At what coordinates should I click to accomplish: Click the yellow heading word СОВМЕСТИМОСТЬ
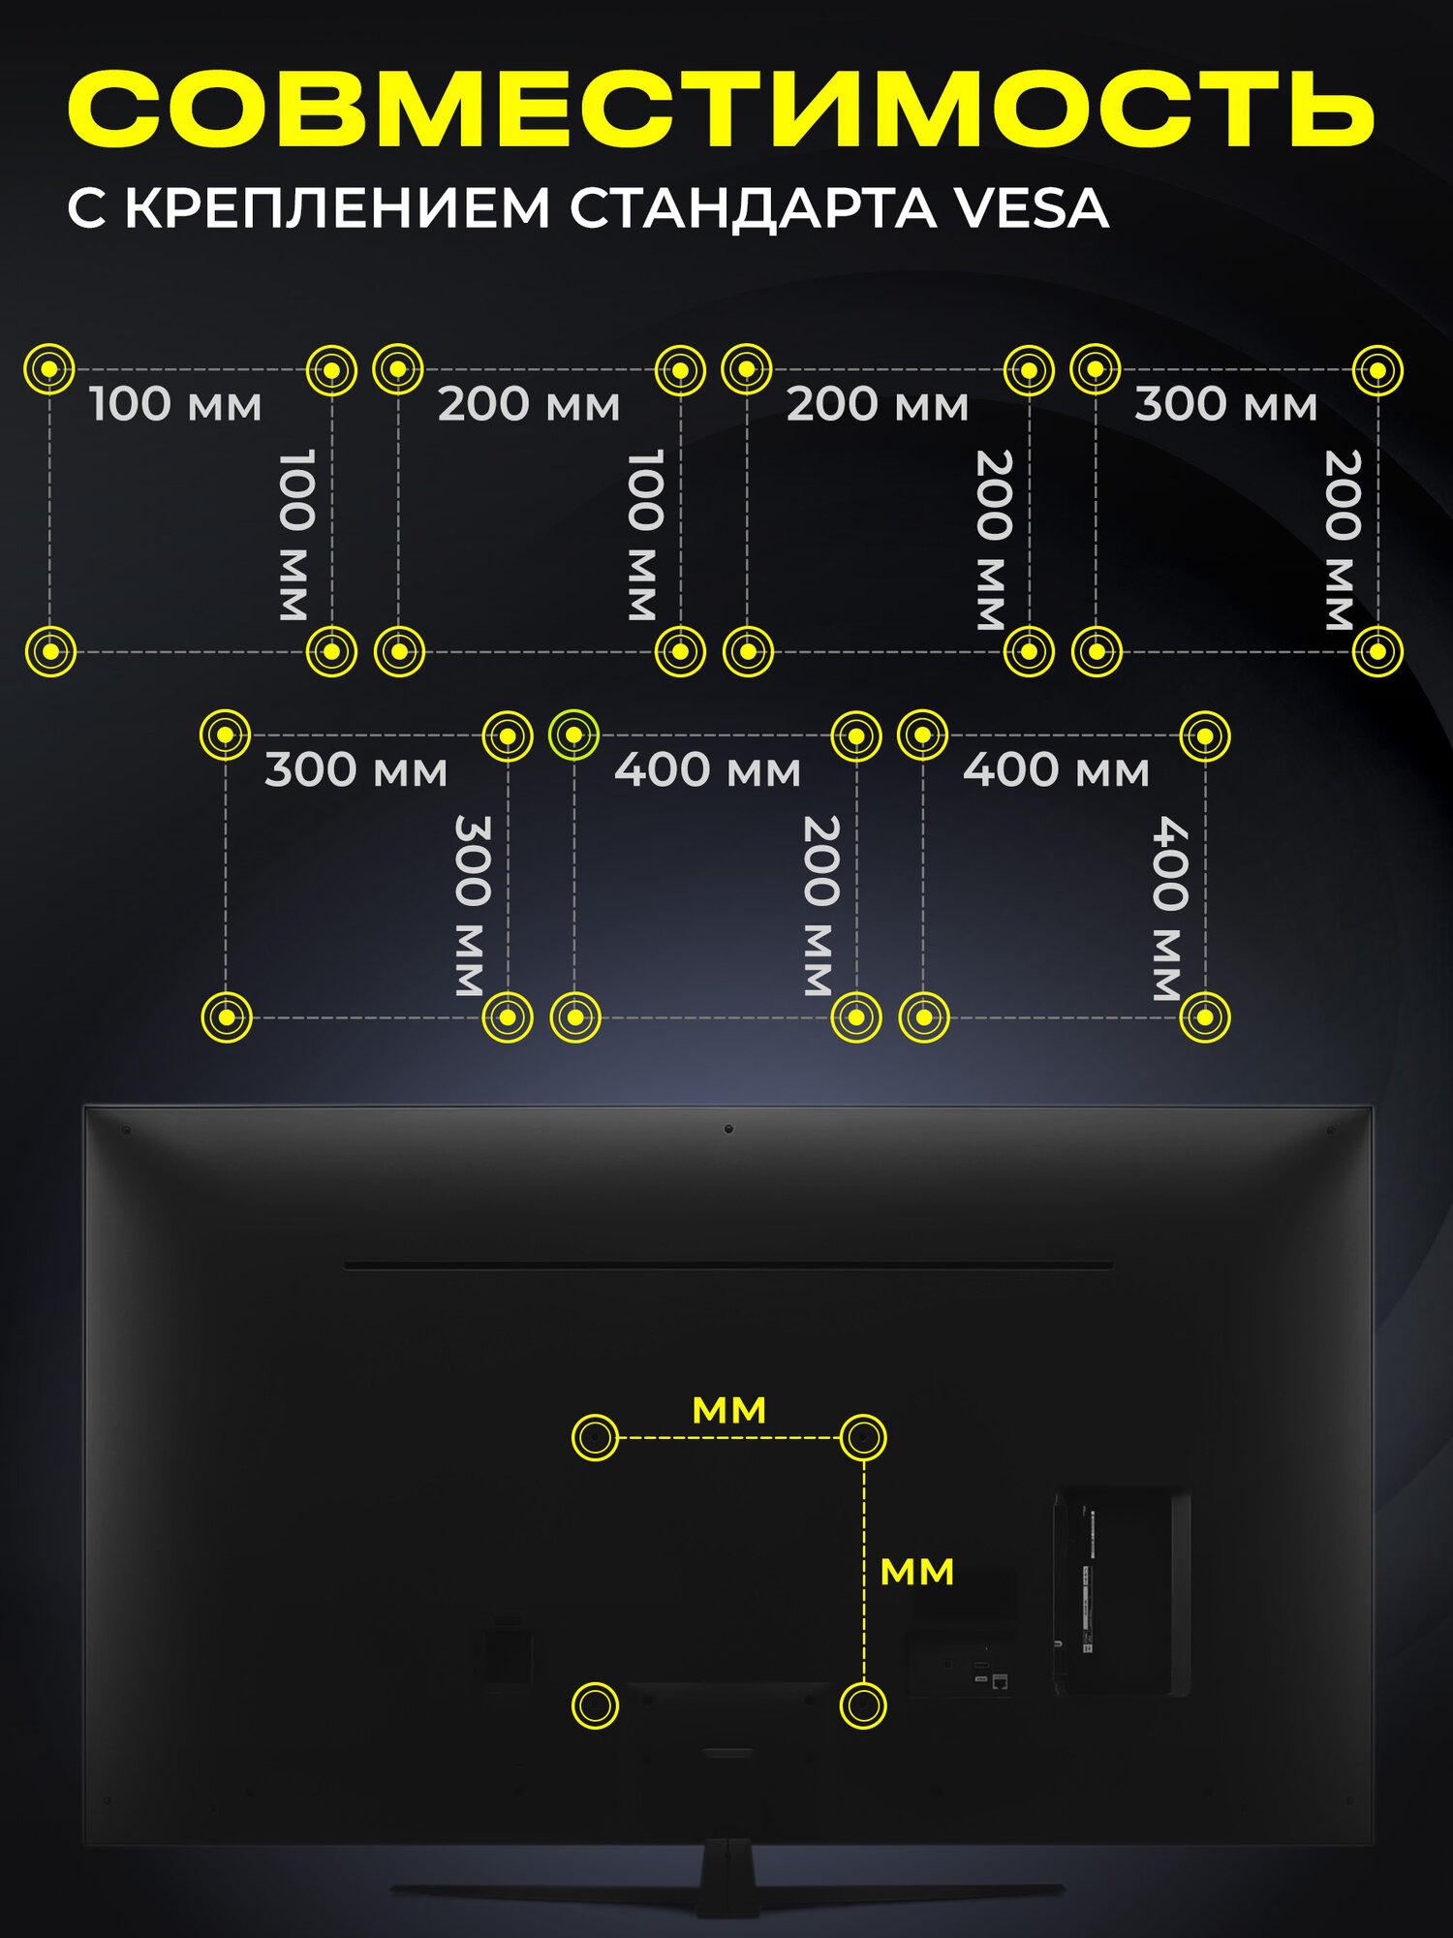click(x=722, y=109)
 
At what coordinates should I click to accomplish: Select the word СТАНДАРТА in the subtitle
click(x=752, y=208)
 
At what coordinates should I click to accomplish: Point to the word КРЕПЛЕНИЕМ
click(x=337, y=208)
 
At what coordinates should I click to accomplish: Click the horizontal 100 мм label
click(x=175, y=404)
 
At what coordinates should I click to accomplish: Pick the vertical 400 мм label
click(x=1169, y=908)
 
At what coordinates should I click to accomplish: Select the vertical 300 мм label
click(x=472, y=906)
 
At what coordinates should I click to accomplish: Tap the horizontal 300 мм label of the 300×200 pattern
click(x=1225, y=404)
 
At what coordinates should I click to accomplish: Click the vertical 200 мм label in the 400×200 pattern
click(x=820, y=906)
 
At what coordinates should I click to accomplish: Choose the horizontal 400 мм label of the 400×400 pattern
click(x=1056, y=770)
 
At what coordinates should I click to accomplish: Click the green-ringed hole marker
click(x=573, y=735)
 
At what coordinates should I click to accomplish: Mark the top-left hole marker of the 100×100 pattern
click(x=48, y=369)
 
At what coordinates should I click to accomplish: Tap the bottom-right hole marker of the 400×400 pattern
click(x=1205, y=1017)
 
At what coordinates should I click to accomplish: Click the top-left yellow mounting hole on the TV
click(x=595, y=1437)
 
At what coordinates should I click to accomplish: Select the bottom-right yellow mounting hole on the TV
click(x=862, y=1705)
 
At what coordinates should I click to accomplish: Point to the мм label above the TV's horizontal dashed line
click(x=728, y=1411)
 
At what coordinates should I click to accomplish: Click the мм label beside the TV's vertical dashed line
click(x=916, y=1572)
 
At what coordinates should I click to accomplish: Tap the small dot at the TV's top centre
click(x=728, y=1129)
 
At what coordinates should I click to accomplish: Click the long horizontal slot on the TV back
click(x=728, y=1266)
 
